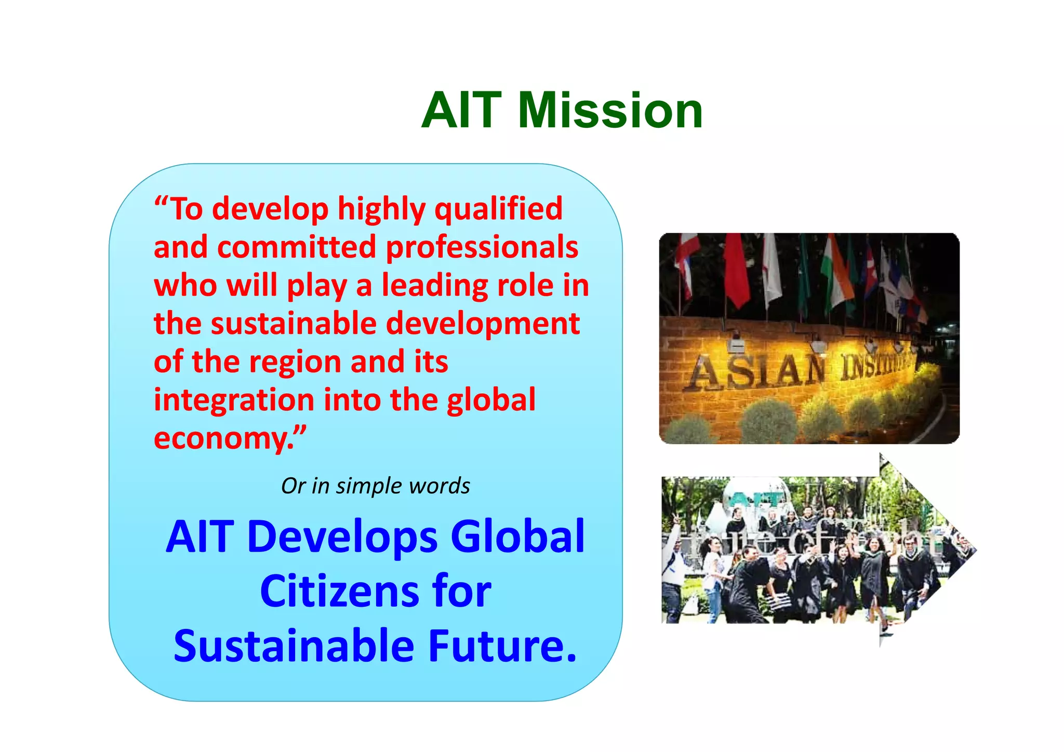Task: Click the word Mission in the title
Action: tap(610, 111)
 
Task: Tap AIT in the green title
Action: tap(461, 111)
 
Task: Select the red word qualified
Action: tap(498, 209)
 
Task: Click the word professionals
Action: tap(482, 248)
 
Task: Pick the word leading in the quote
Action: tap(435, 285)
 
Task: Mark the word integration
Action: tap(234, 400)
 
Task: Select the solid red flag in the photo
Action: tap(736, 270)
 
